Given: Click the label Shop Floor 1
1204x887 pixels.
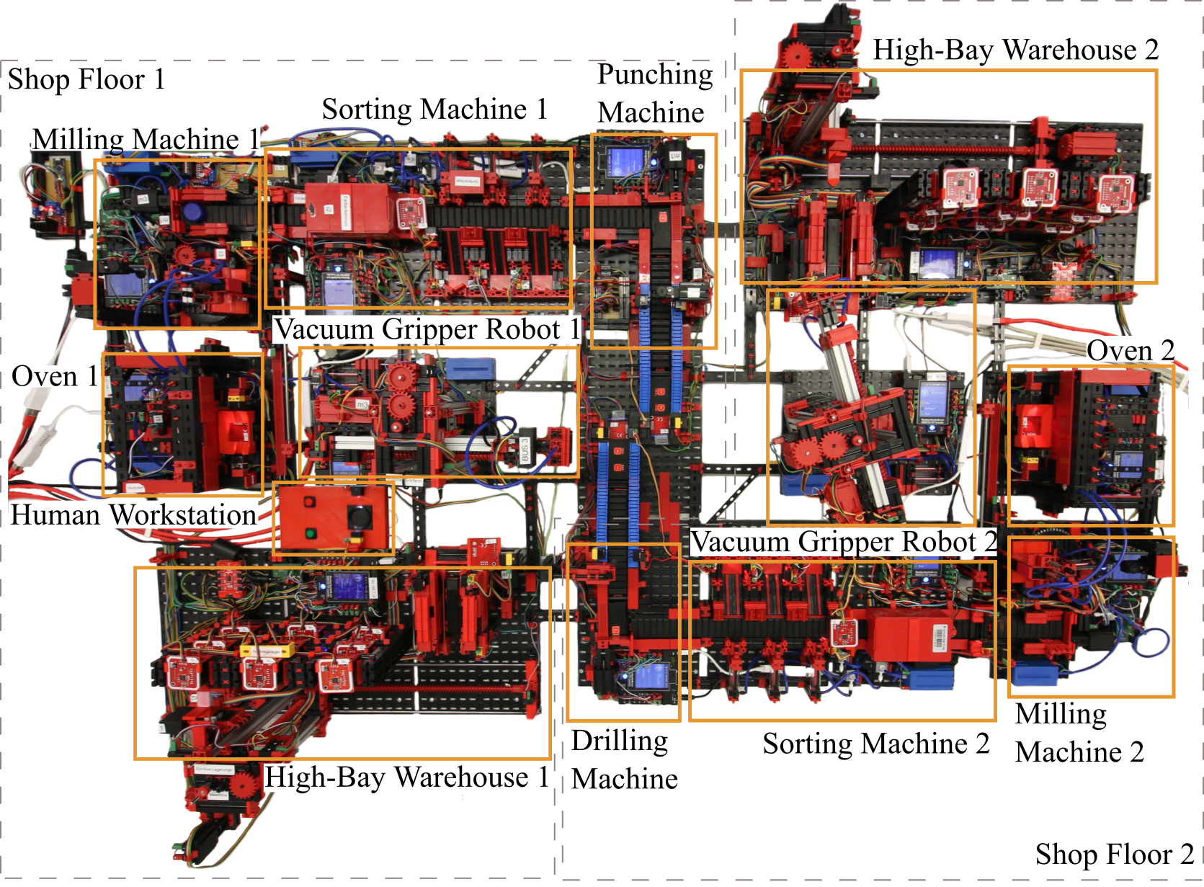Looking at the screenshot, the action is pos(86,79).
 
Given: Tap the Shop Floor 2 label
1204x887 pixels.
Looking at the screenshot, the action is pos(1114,854).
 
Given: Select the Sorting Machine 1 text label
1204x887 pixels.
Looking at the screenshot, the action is pos(434,110).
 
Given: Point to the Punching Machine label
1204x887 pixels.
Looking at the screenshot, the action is pos(654,94).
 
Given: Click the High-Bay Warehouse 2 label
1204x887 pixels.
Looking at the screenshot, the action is pos(1015,50).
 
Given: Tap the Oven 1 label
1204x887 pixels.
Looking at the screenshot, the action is pos(55,375).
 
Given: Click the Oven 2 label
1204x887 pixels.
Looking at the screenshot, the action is pos(1131,350).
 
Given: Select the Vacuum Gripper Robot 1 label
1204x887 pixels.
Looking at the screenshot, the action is pos(427,329).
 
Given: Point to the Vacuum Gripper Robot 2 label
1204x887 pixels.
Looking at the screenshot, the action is pos(843,542).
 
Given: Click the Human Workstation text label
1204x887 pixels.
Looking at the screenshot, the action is pos(133,515).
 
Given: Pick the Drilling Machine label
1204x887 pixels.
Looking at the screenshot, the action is pos(623,759).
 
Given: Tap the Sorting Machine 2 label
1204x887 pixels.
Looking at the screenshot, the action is pos(876,744).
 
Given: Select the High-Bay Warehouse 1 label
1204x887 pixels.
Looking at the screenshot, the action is pos(407,777).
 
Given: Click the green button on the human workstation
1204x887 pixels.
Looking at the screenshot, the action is pos(310,534).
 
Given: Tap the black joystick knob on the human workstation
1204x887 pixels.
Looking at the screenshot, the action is pos(359,517).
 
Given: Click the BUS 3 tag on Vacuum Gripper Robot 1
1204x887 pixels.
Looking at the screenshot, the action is pos(525,449).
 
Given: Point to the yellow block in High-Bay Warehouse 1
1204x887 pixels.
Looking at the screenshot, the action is pos(267,650).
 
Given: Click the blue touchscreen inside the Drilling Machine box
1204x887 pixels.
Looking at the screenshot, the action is pos(651,677).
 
